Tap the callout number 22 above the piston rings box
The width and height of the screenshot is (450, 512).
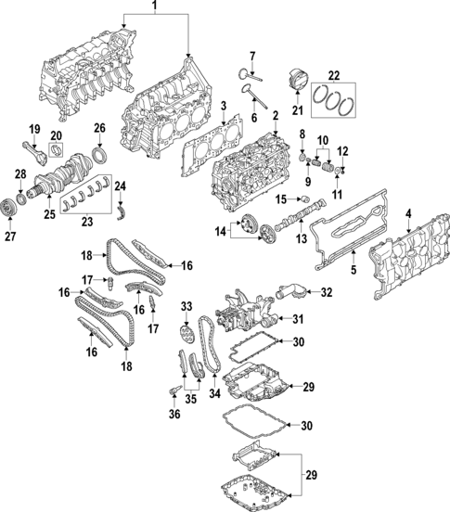[334, 75]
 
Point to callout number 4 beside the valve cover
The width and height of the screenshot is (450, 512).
[408, 216]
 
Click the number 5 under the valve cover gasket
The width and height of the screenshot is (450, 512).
[353, 271]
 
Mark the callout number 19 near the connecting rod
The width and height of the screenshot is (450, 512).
[33, 128]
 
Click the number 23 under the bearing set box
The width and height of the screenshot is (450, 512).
[85, 222]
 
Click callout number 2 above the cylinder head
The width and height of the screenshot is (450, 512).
[276, 115]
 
